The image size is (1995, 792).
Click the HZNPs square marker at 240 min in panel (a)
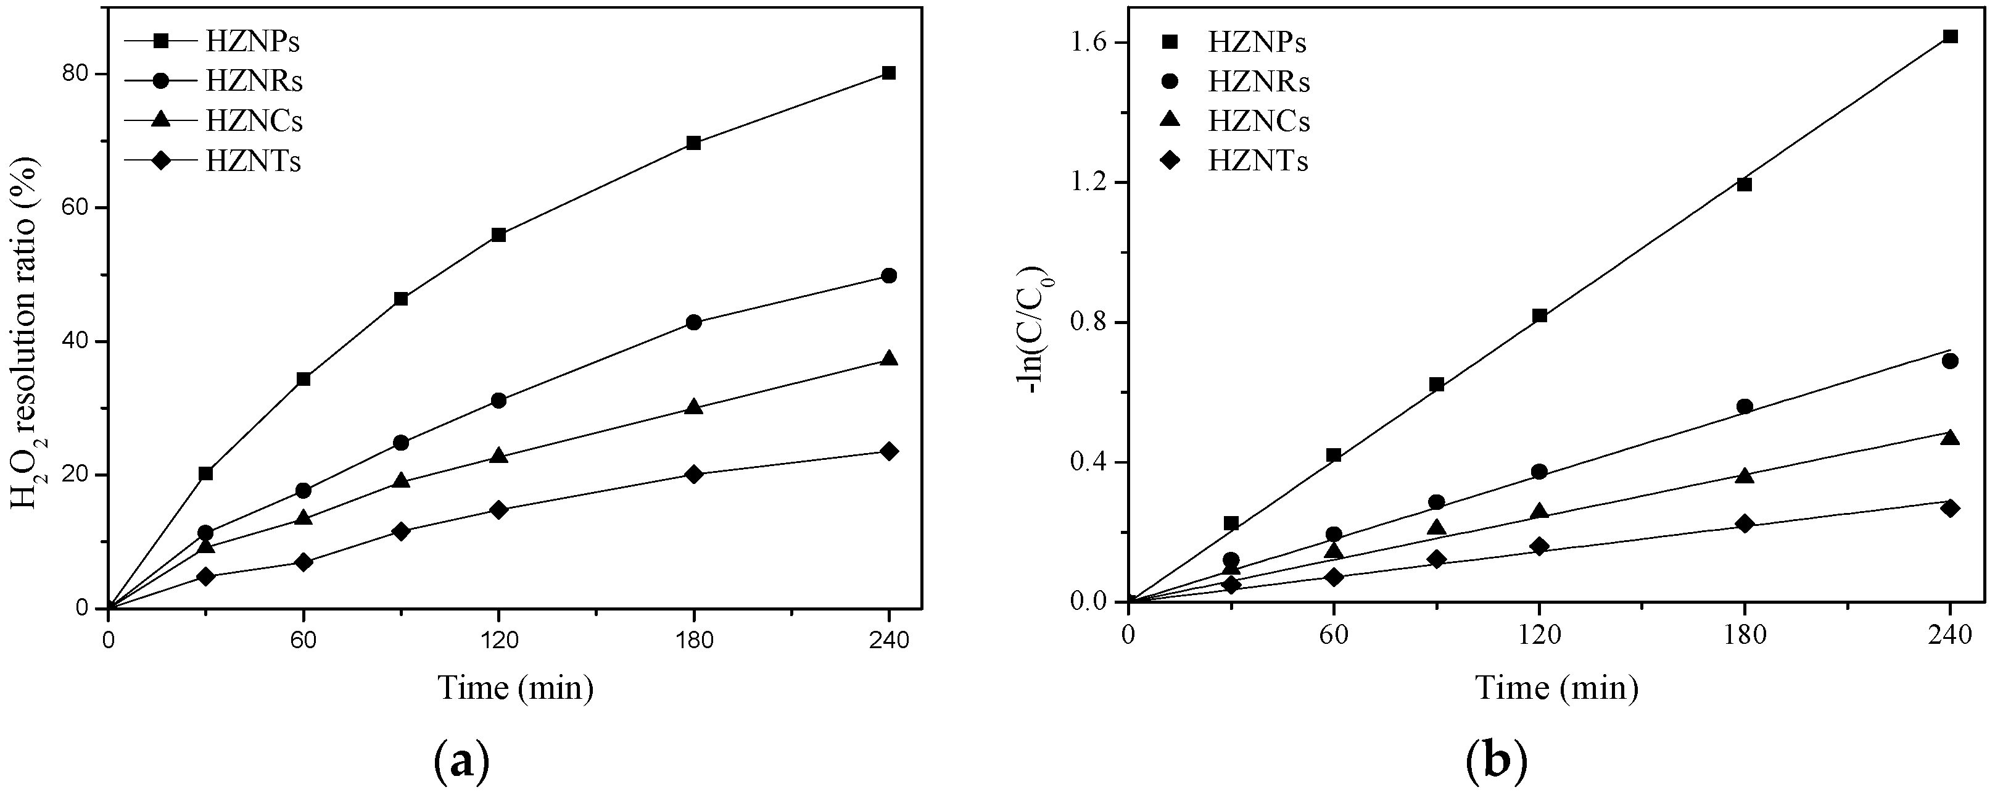[x=888, y=73]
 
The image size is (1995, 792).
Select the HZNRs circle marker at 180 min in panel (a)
[x=693, y=322]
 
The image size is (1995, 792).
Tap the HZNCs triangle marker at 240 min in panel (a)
[x=888, y=359]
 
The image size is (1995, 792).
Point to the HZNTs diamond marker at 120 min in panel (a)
[x=498, y=510]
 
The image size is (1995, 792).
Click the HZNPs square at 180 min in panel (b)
[x=1744, y=184]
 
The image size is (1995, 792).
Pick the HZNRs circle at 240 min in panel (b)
[x=1950, y=361]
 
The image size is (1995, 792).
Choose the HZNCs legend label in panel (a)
[x=254, y=121]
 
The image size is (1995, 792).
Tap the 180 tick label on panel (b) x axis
[x=1744, y=635]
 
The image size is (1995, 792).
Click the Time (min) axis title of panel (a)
[x=516, y=688]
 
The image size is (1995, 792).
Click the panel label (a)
[x=460, y=762]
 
